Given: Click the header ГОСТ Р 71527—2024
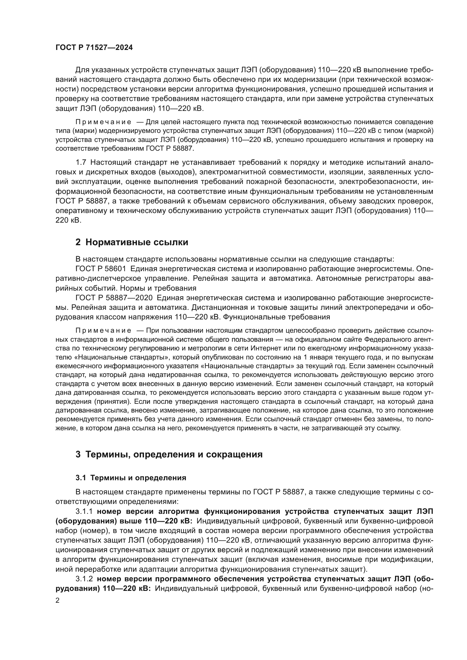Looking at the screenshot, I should click(94, 48).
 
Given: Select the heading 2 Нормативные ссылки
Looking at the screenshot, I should click(132, 242).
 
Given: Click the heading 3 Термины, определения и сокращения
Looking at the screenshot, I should click(169, 455).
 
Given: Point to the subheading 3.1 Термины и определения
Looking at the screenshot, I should click(131, 478).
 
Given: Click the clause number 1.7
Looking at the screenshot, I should click(81, 163).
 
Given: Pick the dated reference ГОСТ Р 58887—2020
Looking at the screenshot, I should click(114, 298).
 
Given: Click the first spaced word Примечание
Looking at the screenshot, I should click(103, 122).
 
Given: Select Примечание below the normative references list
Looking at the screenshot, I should click(103, 331).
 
